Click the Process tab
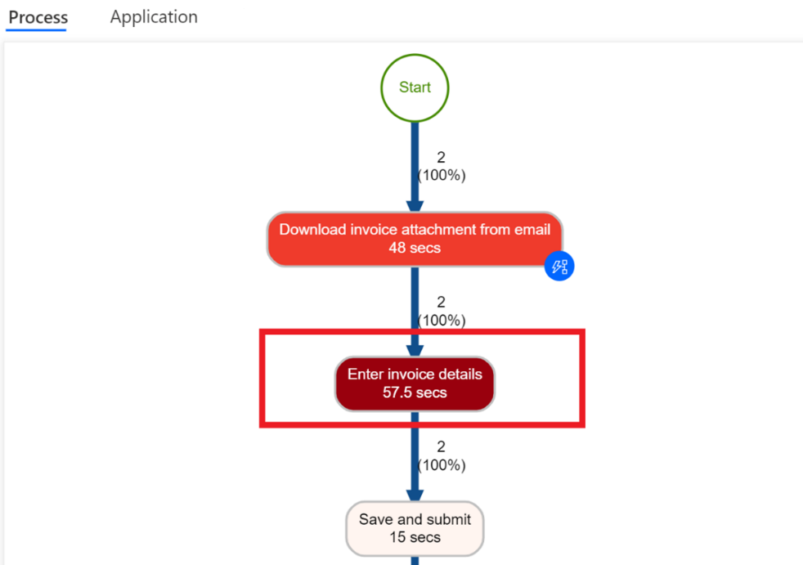click(38, 17)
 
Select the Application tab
click(154, 16)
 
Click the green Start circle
click(415, 87)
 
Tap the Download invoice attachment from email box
click(415, 238)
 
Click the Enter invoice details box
click(415, 383)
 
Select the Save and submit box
click(415, 528)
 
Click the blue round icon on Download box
click(559, 267)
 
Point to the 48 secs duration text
click(415, 248)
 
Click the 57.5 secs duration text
click(415, 392)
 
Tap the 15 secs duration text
click(415, 537)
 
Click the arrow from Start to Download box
click(415, 168)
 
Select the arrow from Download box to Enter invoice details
click(415, 311)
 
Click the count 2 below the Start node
click(442, 158)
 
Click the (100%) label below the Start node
click(442, 175)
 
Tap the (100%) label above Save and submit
click(442, 465)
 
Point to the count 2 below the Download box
click(442, 303)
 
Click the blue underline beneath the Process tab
click(36, 30)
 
